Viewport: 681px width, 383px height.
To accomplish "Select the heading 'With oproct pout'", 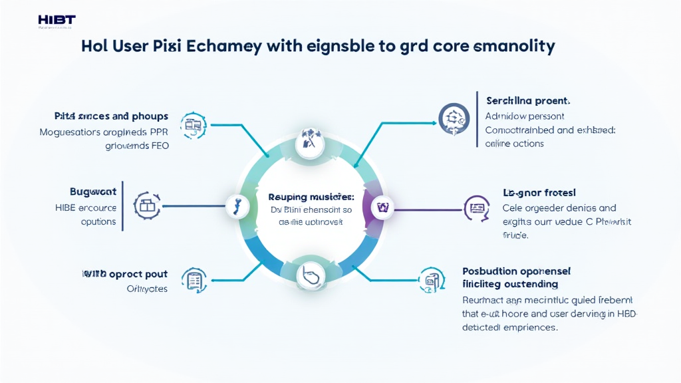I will pos(124,273).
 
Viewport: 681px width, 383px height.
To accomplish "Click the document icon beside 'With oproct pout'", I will pos(194,281).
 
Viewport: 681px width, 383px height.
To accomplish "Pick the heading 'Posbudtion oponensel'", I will pos(516,271).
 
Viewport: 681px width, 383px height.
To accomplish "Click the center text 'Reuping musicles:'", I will pos(311,197).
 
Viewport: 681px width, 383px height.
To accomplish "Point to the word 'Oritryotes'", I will pos(146,289).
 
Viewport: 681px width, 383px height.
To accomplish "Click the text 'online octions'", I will pos(514,143).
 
